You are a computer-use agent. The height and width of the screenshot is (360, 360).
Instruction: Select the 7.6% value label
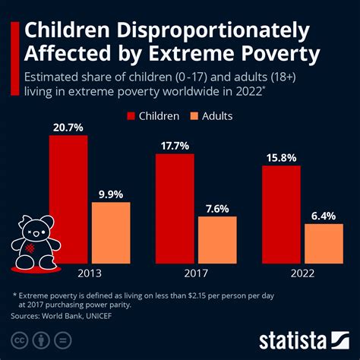click(217, 207)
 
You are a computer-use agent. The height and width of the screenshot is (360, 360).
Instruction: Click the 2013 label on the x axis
click(90, 273)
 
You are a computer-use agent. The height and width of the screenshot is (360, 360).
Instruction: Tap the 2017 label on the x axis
click(196, 273)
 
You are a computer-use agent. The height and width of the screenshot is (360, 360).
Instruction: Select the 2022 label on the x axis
click(302, 273)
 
